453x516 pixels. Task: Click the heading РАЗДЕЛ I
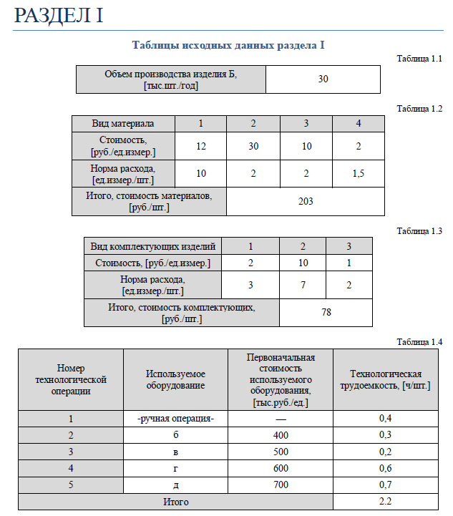59,16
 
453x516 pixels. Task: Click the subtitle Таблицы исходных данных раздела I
228,45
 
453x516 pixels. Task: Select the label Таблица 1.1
420,59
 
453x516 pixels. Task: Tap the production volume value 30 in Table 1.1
323,79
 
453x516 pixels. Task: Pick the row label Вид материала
123,123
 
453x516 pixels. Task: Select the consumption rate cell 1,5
359,174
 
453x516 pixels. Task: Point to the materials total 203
306,201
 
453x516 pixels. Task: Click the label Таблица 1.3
420,231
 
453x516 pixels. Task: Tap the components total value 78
326,313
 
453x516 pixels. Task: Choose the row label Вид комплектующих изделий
153,246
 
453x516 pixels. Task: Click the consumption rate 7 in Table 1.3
303,285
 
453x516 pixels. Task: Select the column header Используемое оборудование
175,379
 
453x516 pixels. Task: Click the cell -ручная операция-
175,419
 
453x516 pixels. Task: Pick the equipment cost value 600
281,468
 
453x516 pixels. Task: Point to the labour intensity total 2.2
386,502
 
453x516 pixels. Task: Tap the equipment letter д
175,485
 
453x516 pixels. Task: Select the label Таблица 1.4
420,341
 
